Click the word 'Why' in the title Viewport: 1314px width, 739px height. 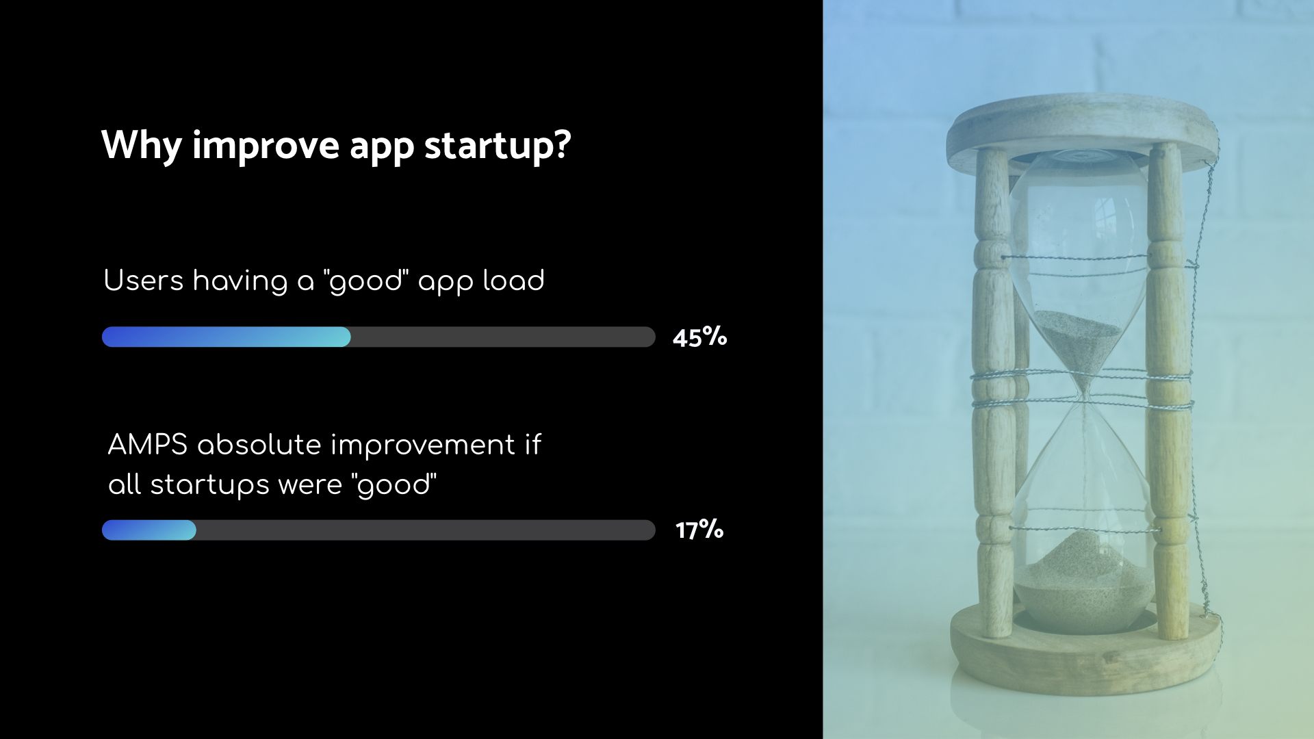pos(142,146)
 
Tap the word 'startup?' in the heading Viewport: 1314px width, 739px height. pos(498,145)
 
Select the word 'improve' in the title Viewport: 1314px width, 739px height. pos(266,146)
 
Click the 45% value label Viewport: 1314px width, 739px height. pos(699,337)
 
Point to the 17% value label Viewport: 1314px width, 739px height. pos(699,530)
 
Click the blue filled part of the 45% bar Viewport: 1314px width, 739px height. pos(227,337)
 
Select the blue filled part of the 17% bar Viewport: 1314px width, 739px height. pos(149,530)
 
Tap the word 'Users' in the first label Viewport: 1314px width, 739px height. pos(144,281)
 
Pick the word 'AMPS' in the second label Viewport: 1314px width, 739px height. pos(148,445)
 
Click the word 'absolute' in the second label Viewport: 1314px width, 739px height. pos(259,445)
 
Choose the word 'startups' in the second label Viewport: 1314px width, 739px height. pos(210,485)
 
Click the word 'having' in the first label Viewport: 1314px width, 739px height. pos(240,281)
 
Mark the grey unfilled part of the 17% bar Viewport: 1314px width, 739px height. pos(426,530)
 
